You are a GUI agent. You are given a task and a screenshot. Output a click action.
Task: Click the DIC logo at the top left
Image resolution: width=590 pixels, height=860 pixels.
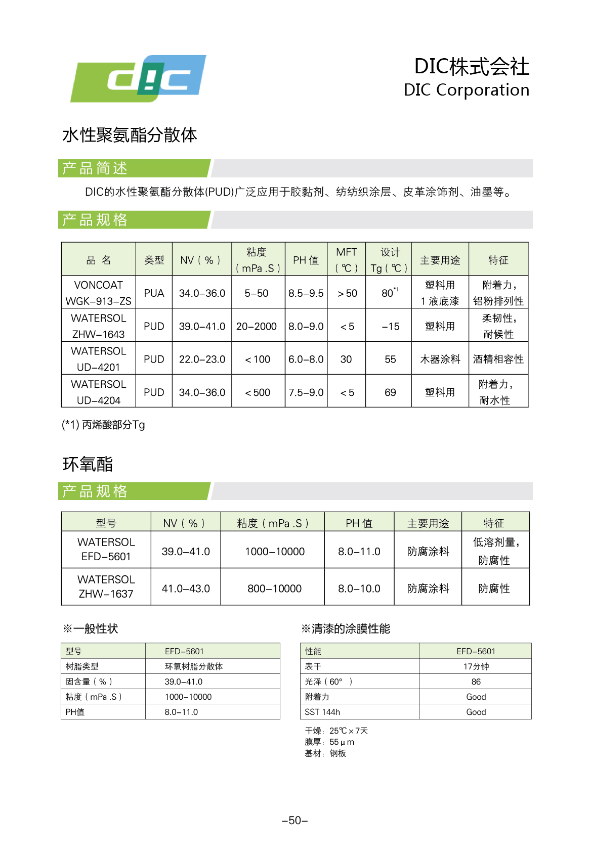[x=138, y=78]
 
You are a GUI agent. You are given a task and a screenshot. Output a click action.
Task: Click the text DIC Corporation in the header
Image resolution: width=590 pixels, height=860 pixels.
[x=466, y=90]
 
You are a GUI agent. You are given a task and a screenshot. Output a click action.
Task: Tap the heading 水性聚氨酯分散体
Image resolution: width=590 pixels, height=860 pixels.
[x=130, y=135]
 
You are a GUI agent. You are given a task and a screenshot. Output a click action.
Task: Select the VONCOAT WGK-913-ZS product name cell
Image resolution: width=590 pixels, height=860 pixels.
[x=98, y=293]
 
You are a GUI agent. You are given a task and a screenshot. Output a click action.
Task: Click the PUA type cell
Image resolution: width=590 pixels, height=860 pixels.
[x=154, y=293]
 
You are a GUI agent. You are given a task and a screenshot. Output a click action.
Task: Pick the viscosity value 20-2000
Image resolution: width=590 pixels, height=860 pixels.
[x=257, y=327]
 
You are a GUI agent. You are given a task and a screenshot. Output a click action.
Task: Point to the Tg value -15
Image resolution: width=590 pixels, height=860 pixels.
[x=390, y=327]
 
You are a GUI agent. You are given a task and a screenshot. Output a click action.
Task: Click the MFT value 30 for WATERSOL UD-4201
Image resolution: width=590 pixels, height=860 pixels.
[x=346, y=359]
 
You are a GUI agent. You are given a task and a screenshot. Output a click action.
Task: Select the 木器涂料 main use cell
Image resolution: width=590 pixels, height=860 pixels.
[x=440, y=359]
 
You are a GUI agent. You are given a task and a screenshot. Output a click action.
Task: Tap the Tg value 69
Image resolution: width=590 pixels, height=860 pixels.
[x=390, y=392]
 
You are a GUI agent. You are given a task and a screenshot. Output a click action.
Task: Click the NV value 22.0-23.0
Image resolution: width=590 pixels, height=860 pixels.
[x=202, y=359]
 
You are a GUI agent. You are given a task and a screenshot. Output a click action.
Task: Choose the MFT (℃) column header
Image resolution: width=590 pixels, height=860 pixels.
[x=347, y=260]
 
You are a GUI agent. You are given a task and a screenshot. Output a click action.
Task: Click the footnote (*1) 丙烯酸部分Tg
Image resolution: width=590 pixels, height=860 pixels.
[x=103, y=425]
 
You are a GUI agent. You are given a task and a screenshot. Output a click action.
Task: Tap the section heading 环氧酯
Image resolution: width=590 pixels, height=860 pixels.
[x=88, y=464]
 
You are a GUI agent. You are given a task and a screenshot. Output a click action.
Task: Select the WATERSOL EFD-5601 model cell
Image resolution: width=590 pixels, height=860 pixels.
[x=106, y=549]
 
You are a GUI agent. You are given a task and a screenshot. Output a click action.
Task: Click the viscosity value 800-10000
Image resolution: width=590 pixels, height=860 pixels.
[x=274, y=589]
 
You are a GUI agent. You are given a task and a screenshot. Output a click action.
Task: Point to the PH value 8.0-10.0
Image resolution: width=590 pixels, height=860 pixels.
[x=359, y=589]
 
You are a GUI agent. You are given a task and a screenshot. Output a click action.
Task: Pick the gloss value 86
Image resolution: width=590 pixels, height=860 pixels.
[x=476, y=682]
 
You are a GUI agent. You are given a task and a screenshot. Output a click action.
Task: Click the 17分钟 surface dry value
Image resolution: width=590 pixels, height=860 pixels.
[x=476, y=666]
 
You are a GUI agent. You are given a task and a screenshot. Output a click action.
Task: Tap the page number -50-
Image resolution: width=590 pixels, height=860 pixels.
[x=295, y=820]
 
